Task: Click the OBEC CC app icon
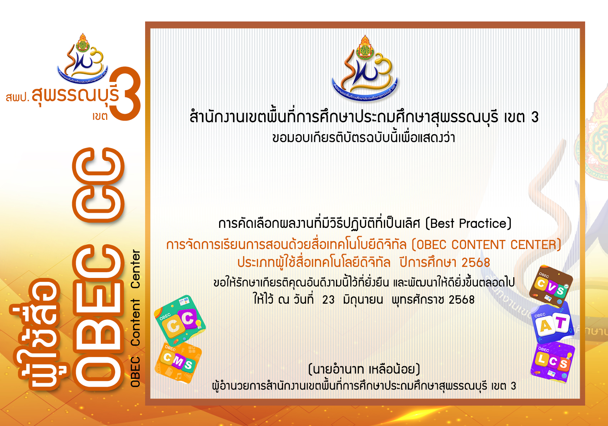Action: coord(180,320)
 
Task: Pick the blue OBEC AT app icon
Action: coord(552,323)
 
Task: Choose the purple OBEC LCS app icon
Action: coord(553,363)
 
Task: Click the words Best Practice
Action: coord(468,223)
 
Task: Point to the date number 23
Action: coord(328,300)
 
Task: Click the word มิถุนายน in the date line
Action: coord(363,300)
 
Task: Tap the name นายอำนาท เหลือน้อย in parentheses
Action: coord(364,369)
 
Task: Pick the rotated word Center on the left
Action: coord(135,269)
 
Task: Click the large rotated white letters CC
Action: coord(98,185)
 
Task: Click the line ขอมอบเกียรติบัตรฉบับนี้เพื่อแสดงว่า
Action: coord(364,137)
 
